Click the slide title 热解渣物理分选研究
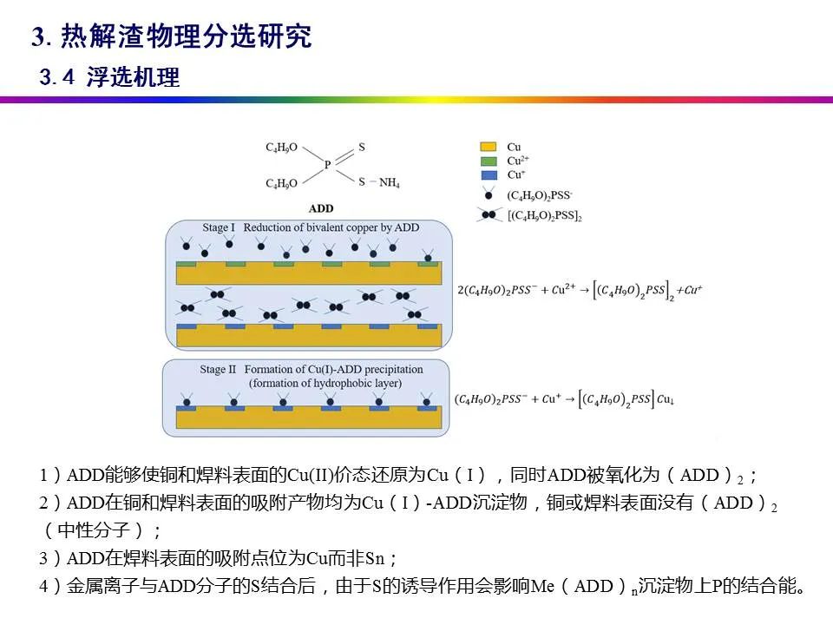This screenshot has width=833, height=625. (186, 37)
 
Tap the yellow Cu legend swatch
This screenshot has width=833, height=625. (489, 147)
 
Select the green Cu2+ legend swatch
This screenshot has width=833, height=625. (489, 161)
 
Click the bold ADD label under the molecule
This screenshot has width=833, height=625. (320, 208)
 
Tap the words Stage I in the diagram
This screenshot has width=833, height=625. (219, 228)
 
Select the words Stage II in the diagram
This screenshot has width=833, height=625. (218, 370)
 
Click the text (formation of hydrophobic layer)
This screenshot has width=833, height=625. (322, 383)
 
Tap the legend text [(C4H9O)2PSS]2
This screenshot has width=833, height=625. (544, 215)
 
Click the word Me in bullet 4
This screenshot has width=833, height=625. (545, 587)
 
